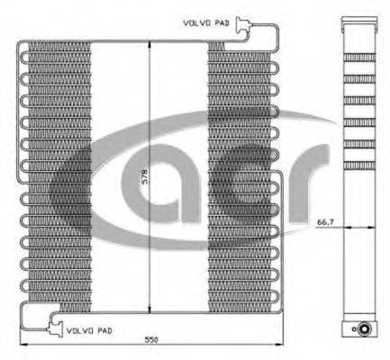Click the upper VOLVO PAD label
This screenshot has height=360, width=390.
click(x=206, y=22)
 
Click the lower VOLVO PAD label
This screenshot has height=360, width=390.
click(x=89, y=331)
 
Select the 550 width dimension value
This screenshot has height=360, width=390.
click(x=151, y=340)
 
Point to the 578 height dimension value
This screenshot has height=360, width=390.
click(x=144, y=177)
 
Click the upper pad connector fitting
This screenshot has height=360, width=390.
click(x=242, y=24)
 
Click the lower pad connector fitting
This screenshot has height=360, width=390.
click(x=55, y=328)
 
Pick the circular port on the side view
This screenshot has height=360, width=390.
click(x=365, y=328)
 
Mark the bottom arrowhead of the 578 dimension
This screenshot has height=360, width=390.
click(x=150, y=310)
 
